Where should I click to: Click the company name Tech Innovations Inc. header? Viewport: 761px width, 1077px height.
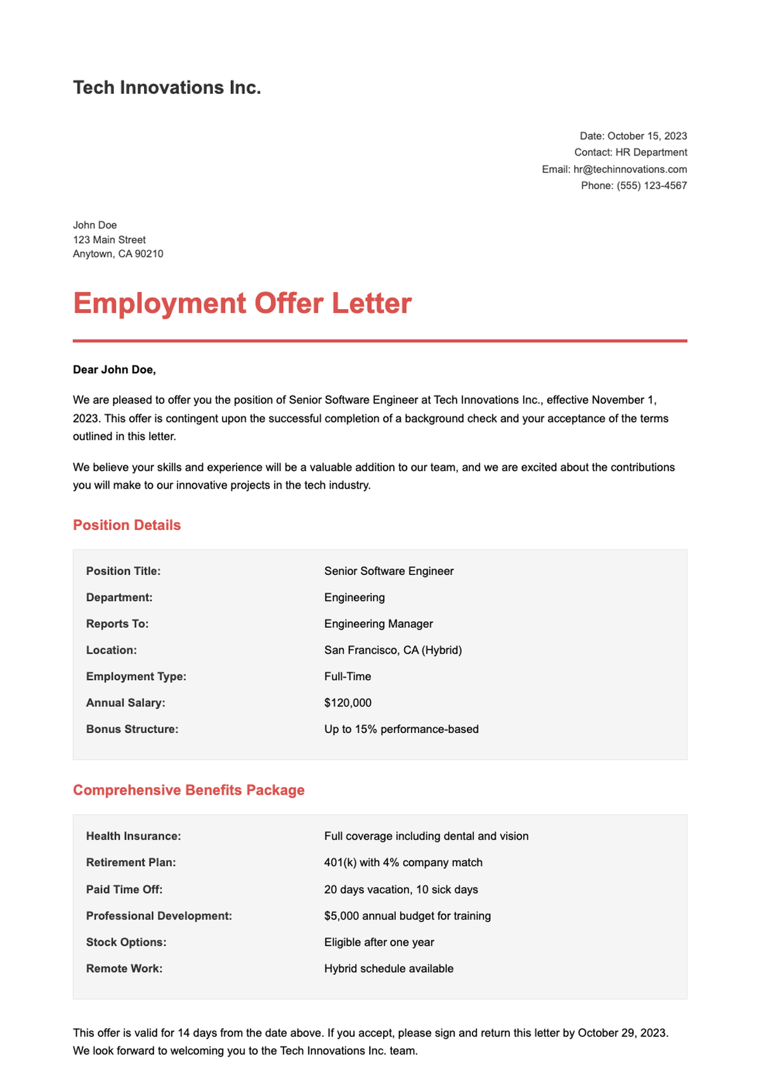[167, 88]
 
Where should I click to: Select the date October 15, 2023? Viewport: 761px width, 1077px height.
[647, 136]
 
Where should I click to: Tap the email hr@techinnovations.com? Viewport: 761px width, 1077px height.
[630, 169]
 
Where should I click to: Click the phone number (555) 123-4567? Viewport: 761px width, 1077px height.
[651, 186]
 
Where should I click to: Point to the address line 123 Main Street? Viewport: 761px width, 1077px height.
[109, 240]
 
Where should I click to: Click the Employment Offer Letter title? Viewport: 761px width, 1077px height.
[242, 303]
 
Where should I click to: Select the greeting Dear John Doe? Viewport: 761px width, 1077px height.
[114, 370]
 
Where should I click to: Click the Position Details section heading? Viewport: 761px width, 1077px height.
[127, 525]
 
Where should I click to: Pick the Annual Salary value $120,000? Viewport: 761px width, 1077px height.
[348, 703]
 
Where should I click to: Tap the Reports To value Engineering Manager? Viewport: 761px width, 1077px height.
[379, 624]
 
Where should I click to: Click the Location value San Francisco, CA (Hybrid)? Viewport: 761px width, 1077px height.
[393, 651]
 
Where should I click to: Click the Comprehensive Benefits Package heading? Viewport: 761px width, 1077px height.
[188, 790]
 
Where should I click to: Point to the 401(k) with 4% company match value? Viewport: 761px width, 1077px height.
[403, 862]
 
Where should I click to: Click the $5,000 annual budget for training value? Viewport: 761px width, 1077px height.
[407, 916]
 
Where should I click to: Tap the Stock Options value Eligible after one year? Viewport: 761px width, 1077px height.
[379, 942]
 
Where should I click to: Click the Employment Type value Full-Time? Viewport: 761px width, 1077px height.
[348, 677]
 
